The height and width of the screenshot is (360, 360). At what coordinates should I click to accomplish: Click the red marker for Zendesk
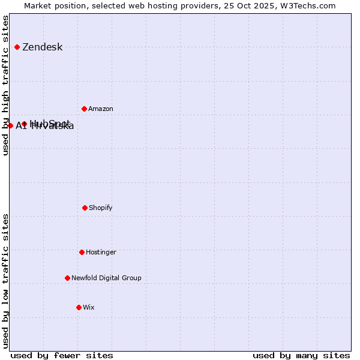[17, 47]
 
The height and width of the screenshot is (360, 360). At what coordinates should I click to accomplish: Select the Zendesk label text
[42, 47]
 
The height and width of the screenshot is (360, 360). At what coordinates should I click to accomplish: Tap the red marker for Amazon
[85, 109]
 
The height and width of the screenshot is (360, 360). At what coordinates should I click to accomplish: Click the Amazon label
[101, 109]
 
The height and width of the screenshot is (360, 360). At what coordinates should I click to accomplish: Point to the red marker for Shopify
[85, 208]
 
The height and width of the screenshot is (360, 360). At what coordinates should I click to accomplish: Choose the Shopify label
[101, 208]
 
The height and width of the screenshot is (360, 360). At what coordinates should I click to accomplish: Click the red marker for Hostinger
[82, 252]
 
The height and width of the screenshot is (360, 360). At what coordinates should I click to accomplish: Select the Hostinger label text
[101, 253]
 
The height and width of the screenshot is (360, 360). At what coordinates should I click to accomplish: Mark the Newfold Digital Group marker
[68, 278]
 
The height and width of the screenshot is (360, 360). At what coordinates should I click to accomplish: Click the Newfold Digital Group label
[106, 278]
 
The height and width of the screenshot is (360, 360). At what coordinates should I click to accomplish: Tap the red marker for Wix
[79, 307]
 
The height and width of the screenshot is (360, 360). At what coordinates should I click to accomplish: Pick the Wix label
[89, 308]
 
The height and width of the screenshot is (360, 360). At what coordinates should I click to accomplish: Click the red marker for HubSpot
[25, 124]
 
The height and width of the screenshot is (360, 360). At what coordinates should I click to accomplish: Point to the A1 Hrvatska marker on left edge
[11, 125]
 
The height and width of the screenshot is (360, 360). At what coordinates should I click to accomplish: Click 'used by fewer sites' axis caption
[62, 355]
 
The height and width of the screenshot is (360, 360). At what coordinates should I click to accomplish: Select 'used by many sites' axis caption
[301, 355]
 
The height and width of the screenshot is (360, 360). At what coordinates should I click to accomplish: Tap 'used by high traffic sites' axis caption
[6, 85]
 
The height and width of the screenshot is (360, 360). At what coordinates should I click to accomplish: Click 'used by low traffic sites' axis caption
[6, 280]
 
